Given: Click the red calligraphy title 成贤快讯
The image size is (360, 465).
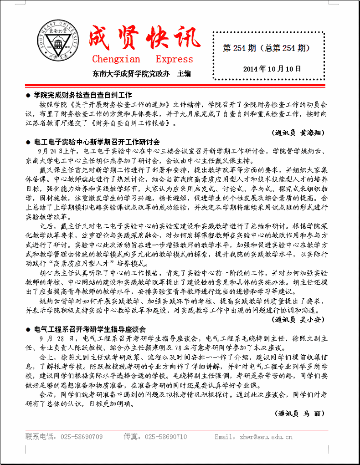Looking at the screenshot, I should coord(145,37).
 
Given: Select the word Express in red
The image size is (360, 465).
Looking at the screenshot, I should coord(174,59).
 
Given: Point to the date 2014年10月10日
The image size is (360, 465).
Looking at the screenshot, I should coord(272,69).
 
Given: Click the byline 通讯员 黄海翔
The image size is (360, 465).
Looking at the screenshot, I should coord(299,133).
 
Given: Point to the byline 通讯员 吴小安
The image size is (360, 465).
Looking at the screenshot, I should coord(299,320).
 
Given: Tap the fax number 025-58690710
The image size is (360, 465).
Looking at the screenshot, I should coord(165,437).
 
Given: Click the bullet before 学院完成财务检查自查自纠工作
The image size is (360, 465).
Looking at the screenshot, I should coord(28,96).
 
